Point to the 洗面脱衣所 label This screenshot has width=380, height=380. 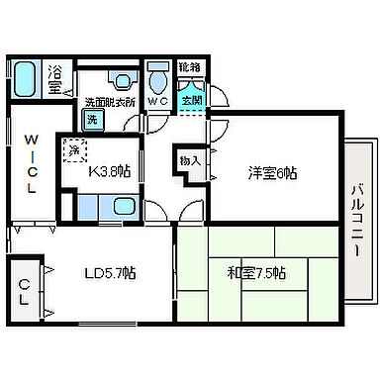pyautogui.click(x=108, y=101)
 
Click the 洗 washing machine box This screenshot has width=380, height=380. pyautogui.click(x=91, y=120)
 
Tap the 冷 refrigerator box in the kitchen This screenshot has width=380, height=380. pyautogui.click(x=73, y=150)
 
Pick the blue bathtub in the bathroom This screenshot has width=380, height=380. pyautogui.click(x=26, y=78)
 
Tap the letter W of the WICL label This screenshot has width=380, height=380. pyautogui.click(x=32, y=139)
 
